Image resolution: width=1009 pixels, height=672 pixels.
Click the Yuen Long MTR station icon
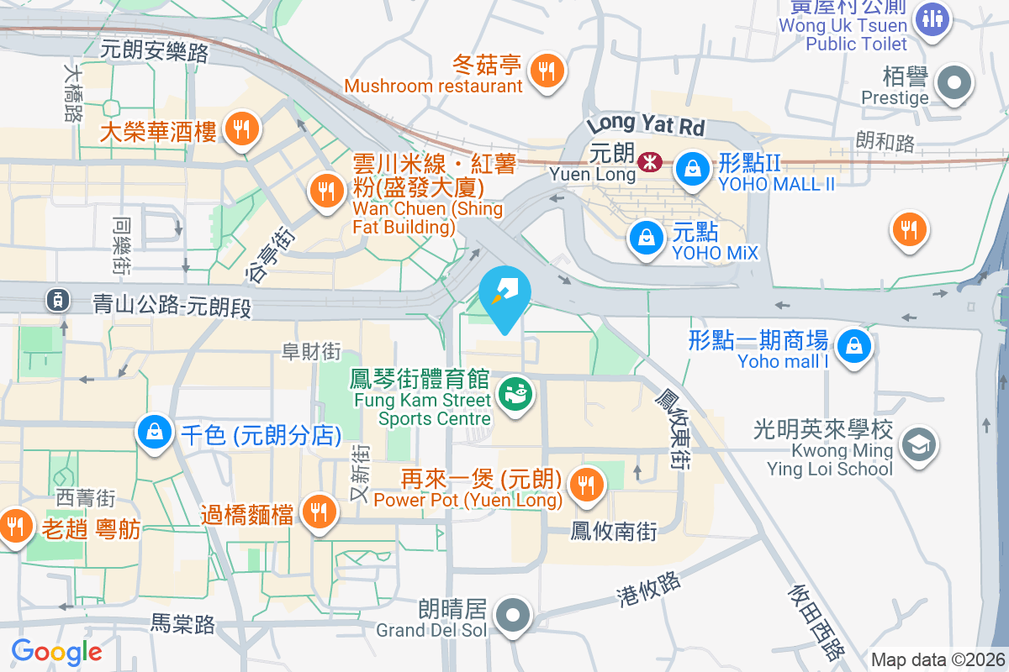pos(648,161)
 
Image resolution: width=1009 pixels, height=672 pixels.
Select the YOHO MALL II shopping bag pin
pos(693,166)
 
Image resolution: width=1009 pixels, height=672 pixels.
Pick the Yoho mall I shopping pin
pos(853,344)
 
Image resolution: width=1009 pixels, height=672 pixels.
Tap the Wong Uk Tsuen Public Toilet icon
pos(932,17)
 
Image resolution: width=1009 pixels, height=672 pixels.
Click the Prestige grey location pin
pos(954,83)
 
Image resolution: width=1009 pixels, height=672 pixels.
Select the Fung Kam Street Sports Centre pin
pos(514,393)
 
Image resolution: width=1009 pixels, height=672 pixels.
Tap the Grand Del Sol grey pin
pos(512,615)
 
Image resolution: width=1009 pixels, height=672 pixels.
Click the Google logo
pos(57,651)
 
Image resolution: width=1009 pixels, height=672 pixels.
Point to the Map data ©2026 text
pos(938,660)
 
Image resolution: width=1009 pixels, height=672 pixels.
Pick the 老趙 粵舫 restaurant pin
pos(15,526)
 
